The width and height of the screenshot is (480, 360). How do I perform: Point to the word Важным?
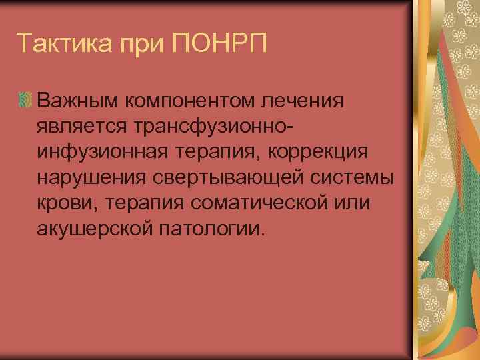[x=76, y=101]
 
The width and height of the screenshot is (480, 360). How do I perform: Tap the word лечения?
[x=305, y=101]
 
